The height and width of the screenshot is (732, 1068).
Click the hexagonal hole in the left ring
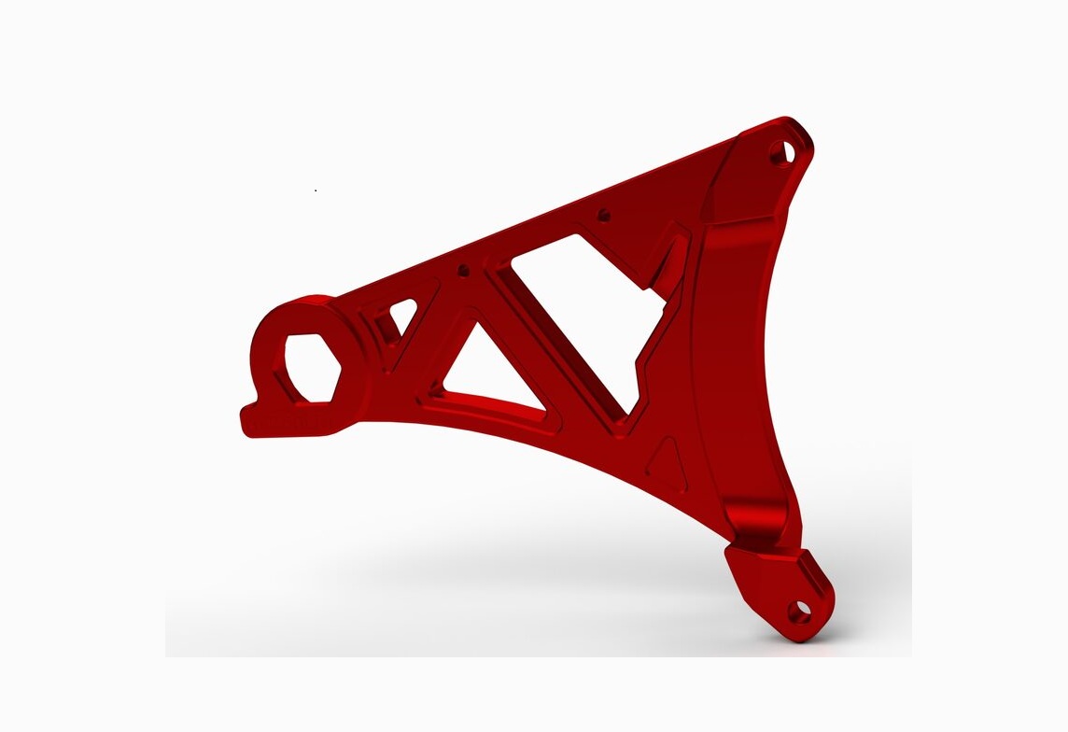[309, 368]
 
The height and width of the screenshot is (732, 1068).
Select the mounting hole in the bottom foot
[799, 611]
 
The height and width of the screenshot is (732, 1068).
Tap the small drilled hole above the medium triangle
[462, 271]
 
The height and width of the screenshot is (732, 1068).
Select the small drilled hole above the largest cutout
[603, 214]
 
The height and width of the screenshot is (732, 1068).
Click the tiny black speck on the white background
[316, 190]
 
